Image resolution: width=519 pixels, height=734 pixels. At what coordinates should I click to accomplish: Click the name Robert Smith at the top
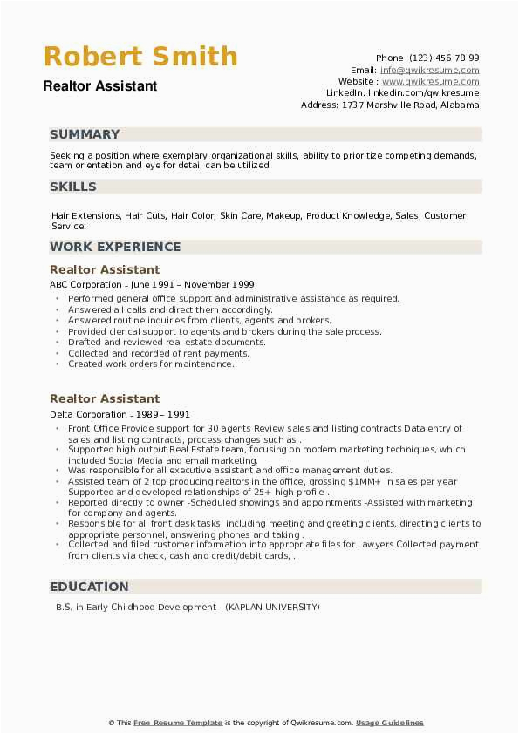coord(140,57)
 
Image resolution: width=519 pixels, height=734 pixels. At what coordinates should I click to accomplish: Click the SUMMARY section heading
coord(85,134)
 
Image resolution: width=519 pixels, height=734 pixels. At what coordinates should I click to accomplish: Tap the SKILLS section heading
coord(73,187)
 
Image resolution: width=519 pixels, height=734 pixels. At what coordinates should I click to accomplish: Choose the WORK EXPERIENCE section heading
coord(115,247)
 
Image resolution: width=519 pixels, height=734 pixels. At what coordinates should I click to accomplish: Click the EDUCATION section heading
coord(89,587)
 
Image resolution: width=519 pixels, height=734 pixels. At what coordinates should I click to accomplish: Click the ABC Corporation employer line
coord(152,284)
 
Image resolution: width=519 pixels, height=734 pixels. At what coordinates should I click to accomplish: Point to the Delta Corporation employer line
coord(120,414)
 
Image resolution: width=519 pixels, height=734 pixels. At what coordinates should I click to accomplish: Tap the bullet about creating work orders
coord(151,364)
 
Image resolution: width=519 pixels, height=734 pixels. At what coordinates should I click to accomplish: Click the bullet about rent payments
coord(158,353)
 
